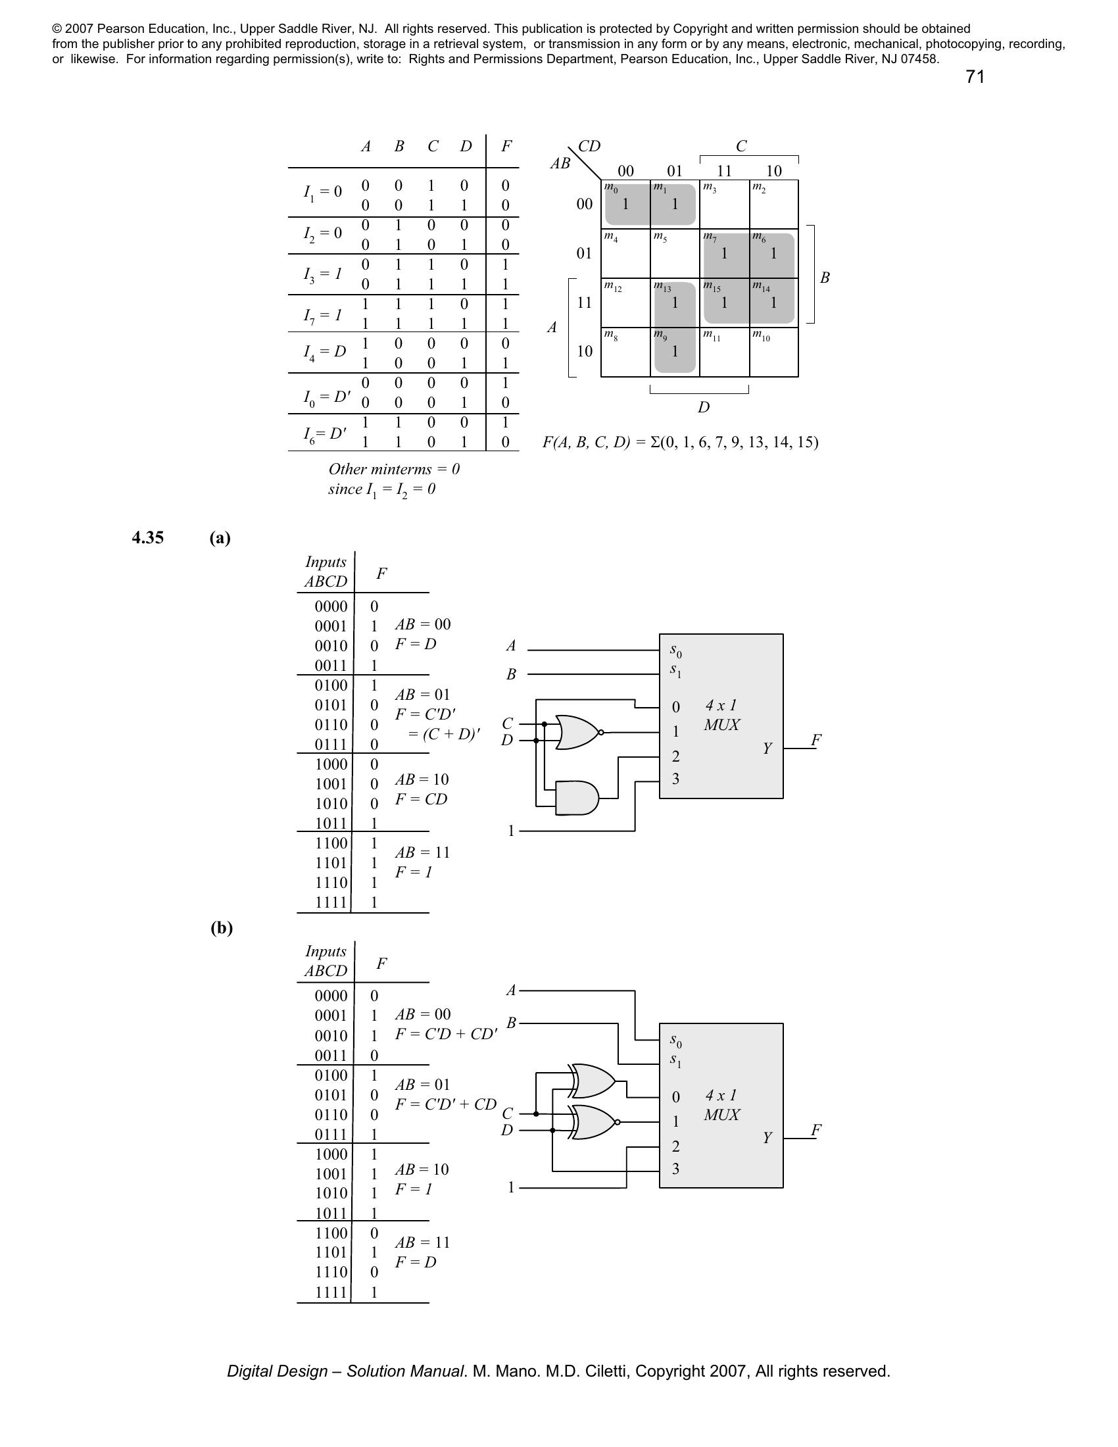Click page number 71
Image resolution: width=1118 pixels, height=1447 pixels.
975,77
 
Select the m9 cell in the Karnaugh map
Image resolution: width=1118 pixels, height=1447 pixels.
675,352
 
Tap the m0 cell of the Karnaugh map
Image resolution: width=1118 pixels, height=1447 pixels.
625,204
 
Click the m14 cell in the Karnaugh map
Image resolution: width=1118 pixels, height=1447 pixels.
773,302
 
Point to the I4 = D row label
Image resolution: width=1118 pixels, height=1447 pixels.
324,352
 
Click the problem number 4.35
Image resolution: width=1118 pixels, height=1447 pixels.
148,537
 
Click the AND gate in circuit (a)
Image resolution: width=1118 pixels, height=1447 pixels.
577,799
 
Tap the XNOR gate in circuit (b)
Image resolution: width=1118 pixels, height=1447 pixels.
595,1122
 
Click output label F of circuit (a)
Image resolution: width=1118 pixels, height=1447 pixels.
816,740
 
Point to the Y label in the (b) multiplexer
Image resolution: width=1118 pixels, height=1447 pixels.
767,1138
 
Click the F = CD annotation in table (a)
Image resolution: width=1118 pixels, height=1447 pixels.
422,799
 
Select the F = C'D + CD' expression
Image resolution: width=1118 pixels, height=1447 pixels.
447,1033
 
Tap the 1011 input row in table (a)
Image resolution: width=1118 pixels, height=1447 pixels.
331,823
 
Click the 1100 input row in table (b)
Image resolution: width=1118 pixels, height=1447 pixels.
331,1233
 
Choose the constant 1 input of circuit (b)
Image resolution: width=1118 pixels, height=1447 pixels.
510,1187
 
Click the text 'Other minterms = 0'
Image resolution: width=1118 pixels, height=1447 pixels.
394,469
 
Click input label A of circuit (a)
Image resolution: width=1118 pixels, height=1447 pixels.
510,645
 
